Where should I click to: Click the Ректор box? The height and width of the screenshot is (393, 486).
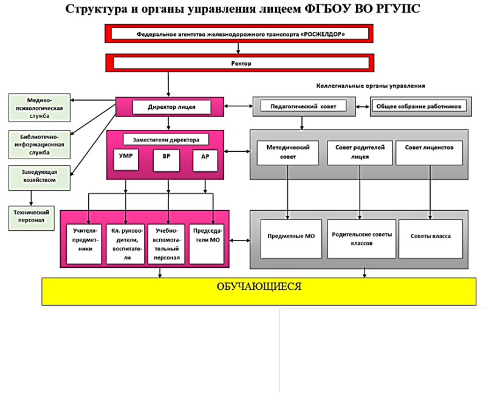tap(239, 63)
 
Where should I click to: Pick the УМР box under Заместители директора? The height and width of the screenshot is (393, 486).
tap(126, 160)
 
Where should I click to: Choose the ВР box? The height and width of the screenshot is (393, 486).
tap(166, 160)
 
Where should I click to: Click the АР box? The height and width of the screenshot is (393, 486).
tap(205, 160)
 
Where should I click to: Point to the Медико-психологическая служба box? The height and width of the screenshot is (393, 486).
tap(39, 108)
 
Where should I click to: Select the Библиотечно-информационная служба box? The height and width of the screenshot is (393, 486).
tap(39, 145)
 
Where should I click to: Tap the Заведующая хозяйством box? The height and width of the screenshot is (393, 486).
tap(39, 178)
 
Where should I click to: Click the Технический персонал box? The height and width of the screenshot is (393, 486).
tap(32, 218)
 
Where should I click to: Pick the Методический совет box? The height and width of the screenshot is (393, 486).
tap(287, 153)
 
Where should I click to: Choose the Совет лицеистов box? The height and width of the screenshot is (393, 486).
tap(430, 153)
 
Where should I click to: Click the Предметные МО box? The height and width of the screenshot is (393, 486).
tap(291, 239)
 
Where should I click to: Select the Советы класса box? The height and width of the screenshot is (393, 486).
tap(431, 239)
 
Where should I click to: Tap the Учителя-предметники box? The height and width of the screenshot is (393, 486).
tap(84, 244)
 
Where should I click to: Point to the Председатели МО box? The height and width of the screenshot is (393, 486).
tap(207, 244)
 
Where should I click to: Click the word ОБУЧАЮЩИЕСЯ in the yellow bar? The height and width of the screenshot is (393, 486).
tap(259, 286)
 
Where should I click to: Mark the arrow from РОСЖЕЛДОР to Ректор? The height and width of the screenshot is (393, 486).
tap(238, 48)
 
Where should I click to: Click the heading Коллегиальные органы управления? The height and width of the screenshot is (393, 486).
tap(371, 86)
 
